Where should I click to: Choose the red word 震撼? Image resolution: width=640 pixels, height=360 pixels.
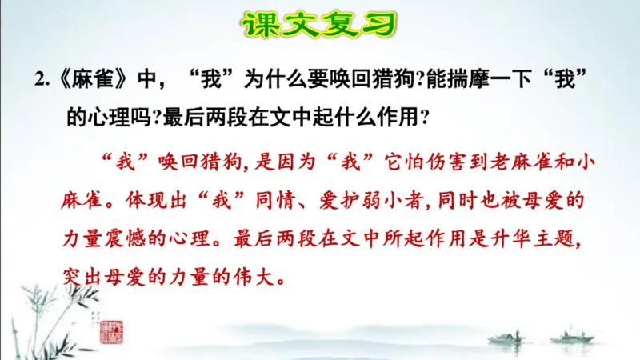point(158,239)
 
